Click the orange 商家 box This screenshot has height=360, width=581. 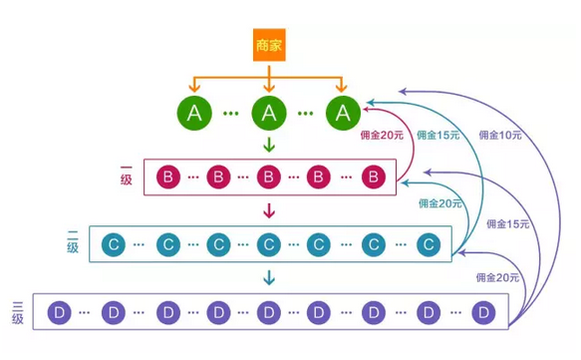(268, 45)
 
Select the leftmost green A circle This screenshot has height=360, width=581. (195, 113)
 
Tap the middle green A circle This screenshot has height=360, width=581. (268, 113)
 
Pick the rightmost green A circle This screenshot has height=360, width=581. (342, 113)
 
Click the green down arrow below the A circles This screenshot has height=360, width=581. (268, 146)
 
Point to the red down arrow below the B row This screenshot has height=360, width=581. (268, 210)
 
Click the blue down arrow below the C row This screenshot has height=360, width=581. (268, 276)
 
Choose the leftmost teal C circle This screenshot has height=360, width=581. (116, 244)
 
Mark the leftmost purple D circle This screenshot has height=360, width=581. (60, 312)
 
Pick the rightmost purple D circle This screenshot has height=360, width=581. (484, 312)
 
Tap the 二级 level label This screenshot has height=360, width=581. (73, 242)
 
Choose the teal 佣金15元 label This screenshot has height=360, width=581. (438, 135)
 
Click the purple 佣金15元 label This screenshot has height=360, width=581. (508, 224)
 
